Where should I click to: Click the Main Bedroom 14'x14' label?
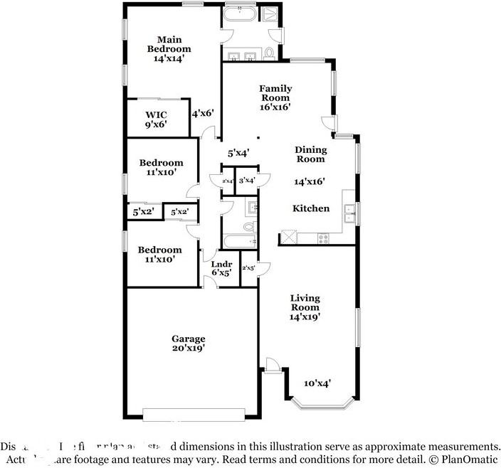click(169, 49)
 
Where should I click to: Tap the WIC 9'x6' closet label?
click(157, 119)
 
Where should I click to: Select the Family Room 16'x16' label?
click(275, 97)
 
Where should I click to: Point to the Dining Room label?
click(311, 154)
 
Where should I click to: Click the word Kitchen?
click(312, 208)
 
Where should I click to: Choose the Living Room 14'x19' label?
click(305, 307)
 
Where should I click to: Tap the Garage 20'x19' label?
click(188, 344)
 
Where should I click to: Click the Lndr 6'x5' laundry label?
click(221, 267)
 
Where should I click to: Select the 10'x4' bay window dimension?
click(317, 383)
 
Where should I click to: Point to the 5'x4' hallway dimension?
click(238, 152)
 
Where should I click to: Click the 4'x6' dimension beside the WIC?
click(203, 112)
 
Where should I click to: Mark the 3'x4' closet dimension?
click(247, 181)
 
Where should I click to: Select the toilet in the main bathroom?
click(270, 53)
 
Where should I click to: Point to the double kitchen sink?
click(349, 209)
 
